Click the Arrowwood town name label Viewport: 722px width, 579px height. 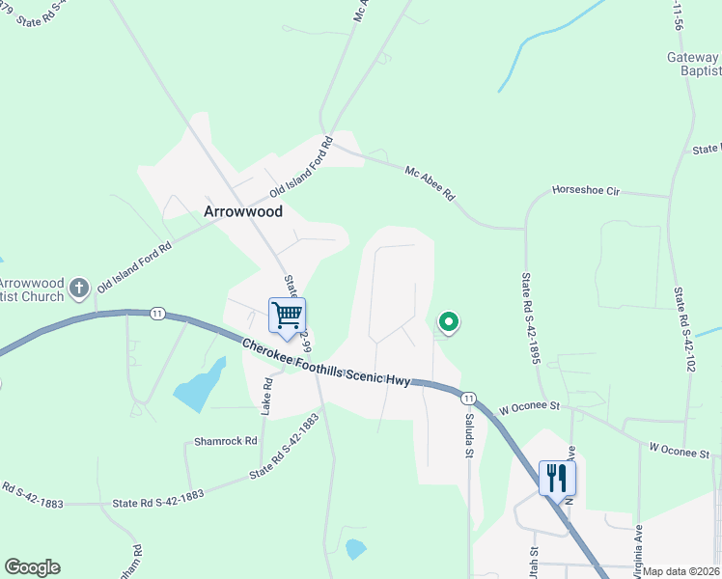point(243,211)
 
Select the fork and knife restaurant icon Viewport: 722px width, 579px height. point(557,477)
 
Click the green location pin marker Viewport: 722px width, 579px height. point(448,322)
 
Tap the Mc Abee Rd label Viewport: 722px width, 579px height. point(430,182)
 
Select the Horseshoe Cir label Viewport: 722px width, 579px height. point(585,191)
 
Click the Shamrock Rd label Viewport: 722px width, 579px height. point(225,441)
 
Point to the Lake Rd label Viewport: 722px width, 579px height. point(267,396)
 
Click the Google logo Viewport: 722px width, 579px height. point(32,567)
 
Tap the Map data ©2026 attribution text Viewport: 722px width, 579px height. point(681,571)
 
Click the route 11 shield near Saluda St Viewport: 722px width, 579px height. point(468,398)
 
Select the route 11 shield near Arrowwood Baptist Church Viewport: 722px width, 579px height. point(156,313)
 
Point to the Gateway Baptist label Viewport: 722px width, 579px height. point(693,65)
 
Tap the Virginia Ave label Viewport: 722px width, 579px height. point(639,546)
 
